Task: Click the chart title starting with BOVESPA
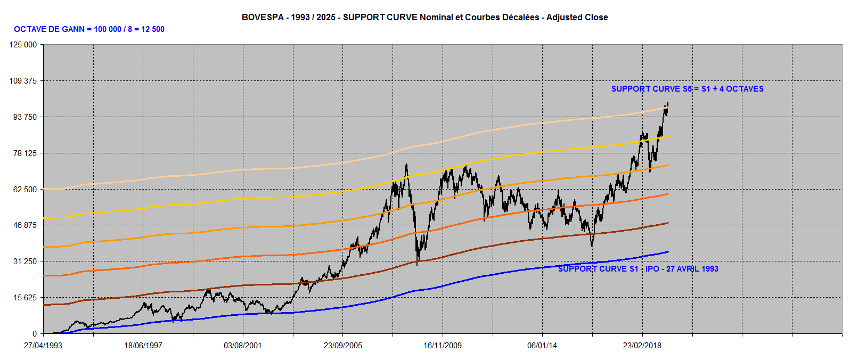[x=424, y=17]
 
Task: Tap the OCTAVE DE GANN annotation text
[x=89, y=29]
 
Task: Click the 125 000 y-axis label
[x=23, y=45]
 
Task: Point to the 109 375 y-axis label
[x=23, y=81]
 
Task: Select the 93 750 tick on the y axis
[x=25, y=117]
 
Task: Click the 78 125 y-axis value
[x=25, y=153]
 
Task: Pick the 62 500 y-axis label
[x=25, y=190]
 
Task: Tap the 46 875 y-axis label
[x=25, y=225]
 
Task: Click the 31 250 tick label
[x=25, y=261]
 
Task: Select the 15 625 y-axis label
[x=25, y=298]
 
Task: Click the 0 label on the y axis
[x=35, y=334]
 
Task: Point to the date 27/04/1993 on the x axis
[x=43, y=346]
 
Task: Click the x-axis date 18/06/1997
[x=143, y=346]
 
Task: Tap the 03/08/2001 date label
[x=243, y=346]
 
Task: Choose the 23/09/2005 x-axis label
[x=343, y=346]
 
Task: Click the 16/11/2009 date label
[x=443, y=346]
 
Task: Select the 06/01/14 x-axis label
[x=542, y=346]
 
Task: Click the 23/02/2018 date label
[x=642, y=346]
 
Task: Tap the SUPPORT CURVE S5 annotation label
[x=687, y=89]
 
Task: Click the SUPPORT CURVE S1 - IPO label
[x=638, y=269]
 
